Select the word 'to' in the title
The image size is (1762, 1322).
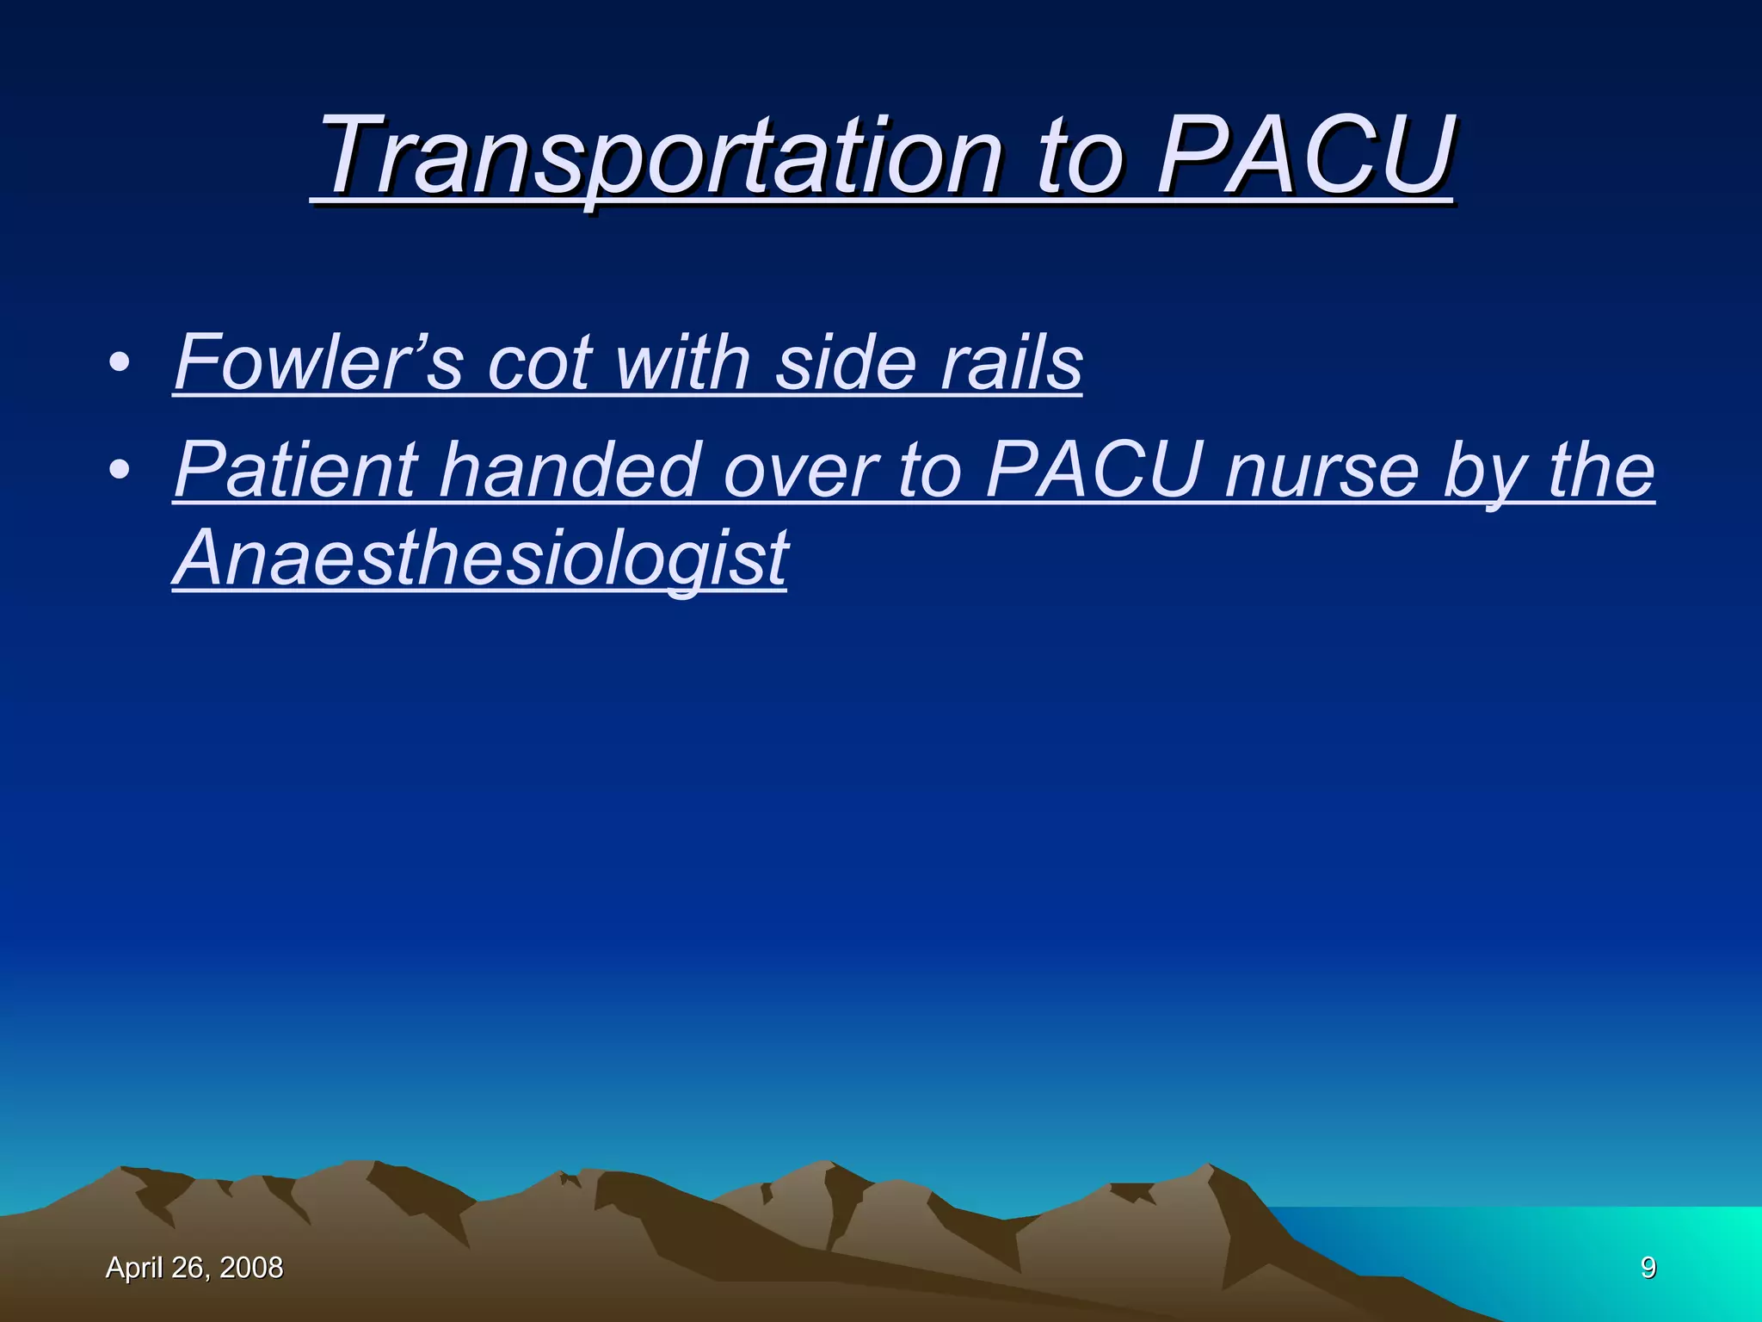[1079, 158]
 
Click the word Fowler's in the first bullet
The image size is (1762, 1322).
[318, 362]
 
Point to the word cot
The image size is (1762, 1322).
[539, 362]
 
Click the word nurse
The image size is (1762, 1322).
[1321, 470]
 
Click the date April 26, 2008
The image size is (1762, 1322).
[194, 1268]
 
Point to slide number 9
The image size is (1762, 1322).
[1648, 1268]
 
